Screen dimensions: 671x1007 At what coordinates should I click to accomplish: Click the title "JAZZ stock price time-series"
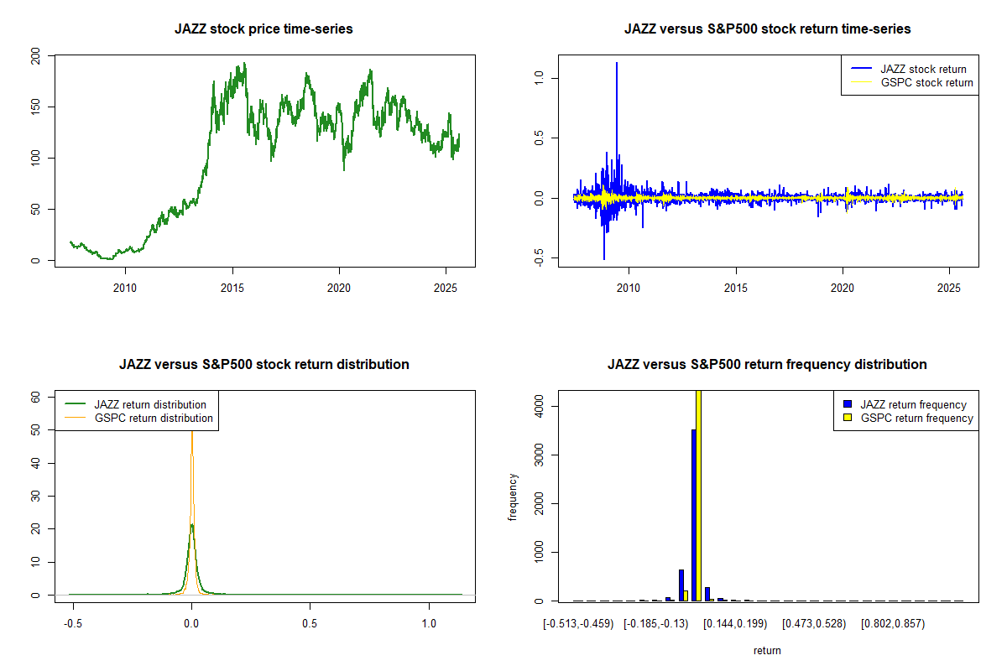pyautogui.click(x=263, y=29)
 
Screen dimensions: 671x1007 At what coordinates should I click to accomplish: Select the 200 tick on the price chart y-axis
pyautogui.click(x=34, y=56)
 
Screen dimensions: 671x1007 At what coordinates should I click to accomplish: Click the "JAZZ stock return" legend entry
pyautogui.click(x=923, y=69)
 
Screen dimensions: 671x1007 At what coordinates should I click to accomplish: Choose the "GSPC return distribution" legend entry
pyautogui.click(x=154, y=418)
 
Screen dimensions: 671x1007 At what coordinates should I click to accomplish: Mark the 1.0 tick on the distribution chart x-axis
pyautogui.click(x=430, y=625)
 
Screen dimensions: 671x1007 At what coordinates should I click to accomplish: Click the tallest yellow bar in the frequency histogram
pyautogui.click(x=699, y=495)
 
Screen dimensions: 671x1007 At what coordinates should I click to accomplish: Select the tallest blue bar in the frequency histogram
pyautogui.click(x=693, y=515)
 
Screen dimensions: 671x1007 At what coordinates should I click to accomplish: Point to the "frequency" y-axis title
pyautogui.click(x=513, y=497)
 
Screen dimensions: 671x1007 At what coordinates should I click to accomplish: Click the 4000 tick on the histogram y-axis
pyautogui.click(x=538, y=407)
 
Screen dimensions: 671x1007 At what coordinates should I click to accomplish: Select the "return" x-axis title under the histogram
pyautogui.click(x=767, y=650)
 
